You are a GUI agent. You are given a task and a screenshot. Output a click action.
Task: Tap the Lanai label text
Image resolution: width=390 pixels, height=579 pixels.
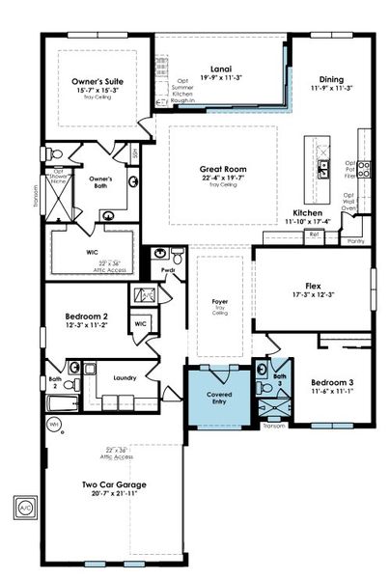pyautogui.click(x=220, y=69)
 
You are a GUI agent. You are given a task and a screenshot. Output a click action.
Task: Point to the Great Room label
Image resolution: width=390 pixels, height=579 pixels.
pyautogui.click(x=222, y=166)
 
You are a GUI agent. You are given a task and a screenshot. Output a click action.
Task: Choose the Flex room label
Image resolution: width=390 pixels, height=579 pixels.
pyautogui.click(x=313, y=286)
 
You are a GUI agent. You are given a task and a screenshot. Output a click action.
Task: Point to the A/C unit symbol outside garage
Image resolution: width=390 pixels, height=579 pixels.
pyautogui.click(x=22, y=504)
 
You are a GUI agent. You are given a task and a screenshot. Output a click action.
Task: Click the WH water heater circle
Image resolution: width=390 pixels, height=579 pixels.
pyautogui.click(x=55, y=423)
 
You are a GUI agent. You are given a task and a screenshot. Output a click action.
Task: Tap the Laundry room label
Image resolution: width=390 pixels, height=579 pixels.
pyautogui.click(x=124, y=378)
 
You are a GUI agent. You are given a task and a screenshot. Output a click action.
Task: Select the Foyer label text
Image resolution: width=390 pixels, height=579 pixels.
pyautogui.click(x=219, y=302)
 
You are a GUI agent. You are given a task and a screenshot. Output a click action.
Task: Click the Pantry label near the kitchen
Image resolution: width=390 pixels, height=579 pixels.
pyautogui.click(x=354, y=241)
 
